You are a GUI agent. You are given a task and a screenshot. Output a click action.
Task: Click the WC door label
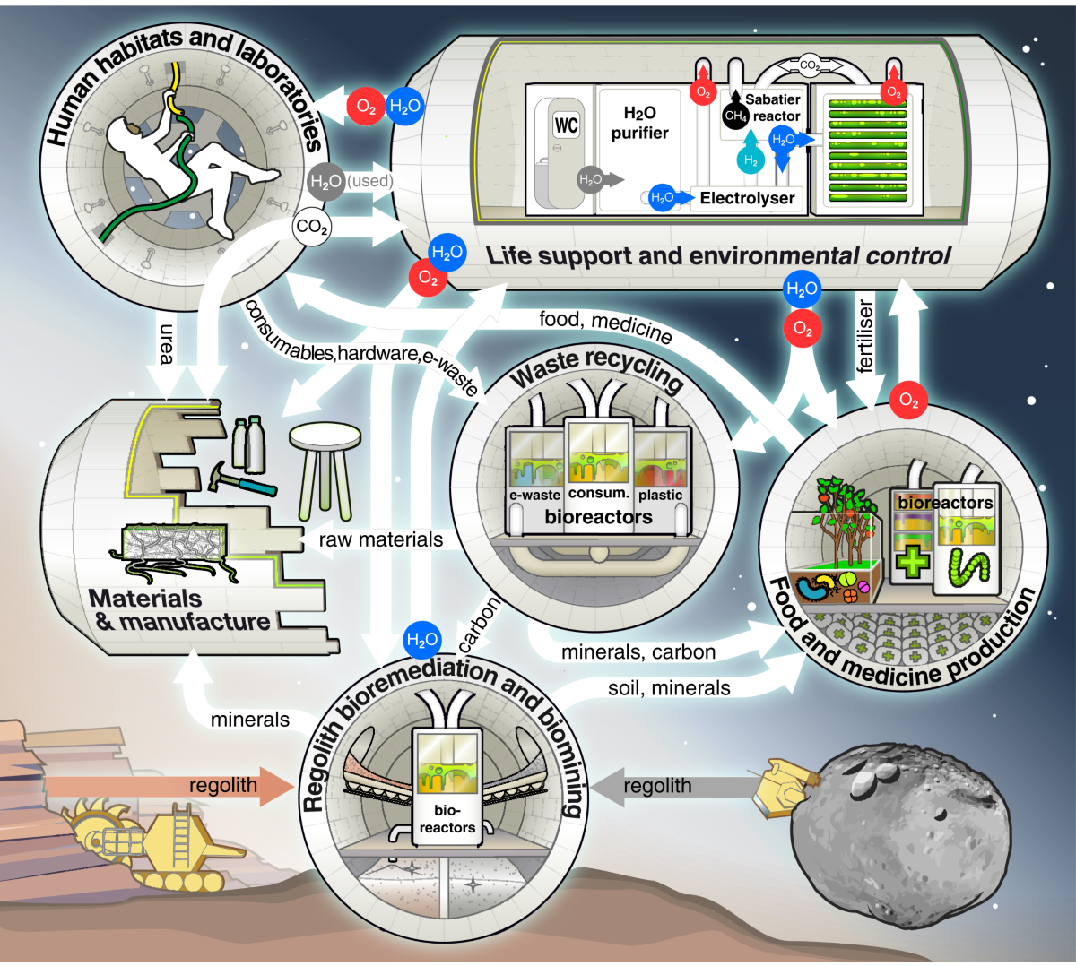click(566, 125)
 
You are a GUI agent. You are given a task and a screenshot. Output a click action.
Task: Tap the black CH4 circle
click(735, 116)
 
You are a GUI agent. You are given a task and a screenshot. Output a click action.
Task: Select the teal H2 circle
click(751, 160)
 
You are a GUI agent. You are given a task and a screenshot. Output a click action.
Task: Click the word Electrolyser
click(747, 198)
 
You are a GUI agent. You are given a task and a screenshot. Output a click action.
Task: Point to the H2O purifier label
click(640, 123)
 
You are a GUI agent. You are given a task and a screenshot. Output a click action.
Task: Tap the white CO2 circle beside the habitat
click(311, 227)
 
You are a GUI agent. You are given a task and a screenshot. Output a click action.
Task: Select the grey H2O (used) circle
click(325, 181)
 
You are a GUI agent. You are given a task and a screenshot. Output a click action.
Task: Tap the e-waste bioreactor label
click(534, 495)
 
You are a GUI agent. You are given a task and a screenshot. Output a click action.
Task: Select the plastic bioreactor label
click(661, 495)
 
